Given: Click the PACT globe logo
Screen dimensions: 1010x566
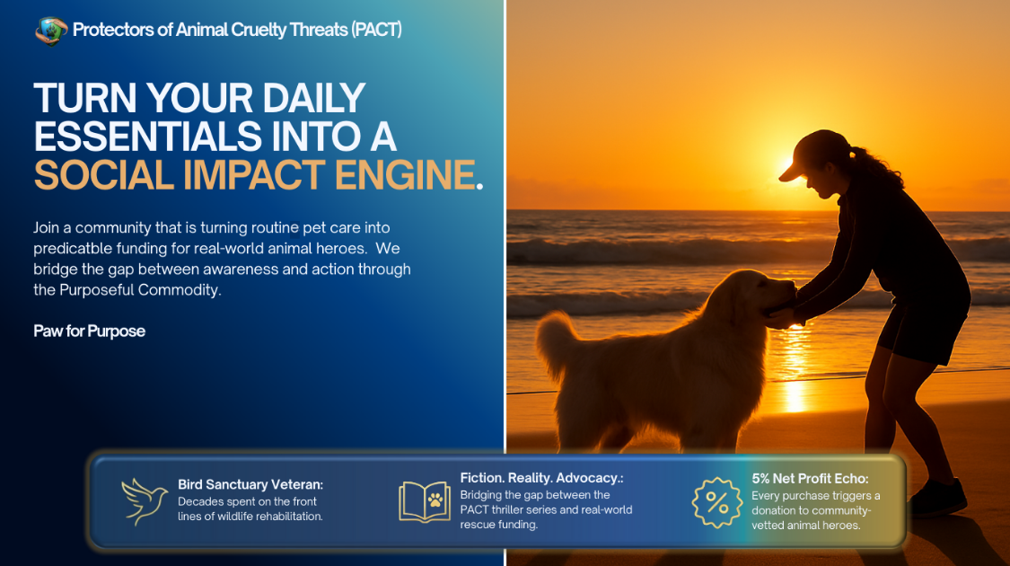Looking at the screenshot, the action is pos(51,31).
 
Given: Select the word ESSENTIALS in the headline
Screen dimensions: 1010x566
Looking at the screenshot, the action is pos(147,137).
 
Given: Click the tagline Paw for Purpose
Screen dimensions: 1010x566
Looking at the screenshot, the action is pos(90,332).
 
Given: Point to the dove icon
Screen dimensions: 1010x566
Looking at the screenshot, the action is pos(145,501).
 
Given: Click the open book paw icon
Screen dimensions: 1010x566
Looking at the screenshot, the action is pos(425,501).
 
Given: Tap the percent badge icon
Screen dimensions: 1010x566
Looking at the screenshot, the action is pos(717,502).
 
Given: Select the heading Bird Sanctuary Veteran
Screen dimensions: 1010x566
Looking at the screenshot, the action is pos(250,484).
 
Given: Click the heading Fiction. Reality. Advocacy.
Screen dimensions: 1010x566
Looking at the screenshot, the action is pos(541,478).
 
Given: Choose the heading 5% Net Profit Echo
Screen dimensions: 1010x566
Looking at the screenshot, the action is pos(811,478).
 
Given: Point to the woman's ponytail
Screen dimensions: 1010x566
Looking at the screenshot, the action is pos(877,167).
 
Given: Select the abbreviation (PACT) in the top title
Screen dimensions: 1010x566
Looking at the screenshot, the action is pos(377,30).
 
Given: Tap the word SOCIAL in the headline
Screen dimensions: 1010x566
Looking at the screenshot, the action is pos(104,175).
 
